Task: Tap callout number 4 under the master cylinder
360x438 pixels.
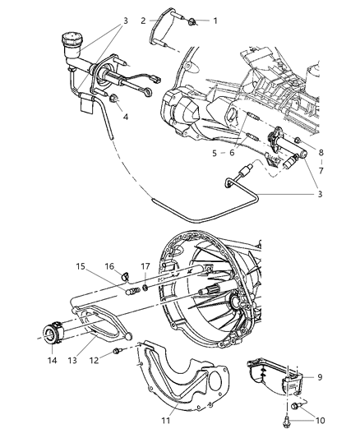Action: pos(125,117)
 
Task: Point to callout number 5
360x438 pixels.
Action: pos(214,152)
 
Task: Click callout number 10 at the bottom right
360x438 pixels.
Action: pos(321,421)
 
